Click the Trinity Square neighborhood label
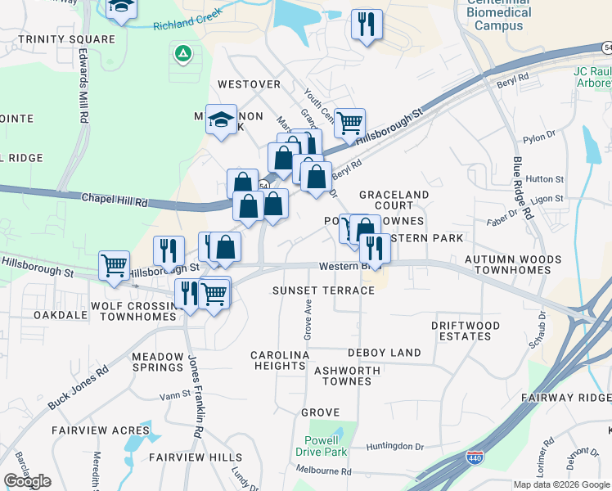point(66,39)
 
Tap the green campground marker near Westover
point(183,55)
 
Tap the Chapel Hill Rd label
point(114,199)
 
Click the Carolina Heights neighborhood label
point(279,360)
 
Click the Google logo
point(27,481)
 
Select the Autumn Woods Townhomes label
point(513,264)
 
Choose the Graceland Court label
point(394,200)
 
